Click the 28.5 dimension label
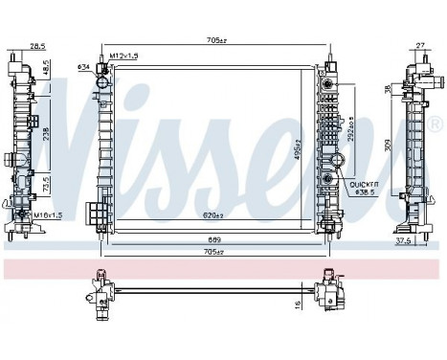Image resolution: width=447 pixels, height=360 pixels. pos(37,45)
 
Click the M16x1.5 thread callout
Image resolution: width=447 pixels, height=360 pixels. pos(47,216)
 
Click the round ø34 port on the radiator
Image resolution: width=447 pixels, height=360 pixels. pos(102,83)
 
